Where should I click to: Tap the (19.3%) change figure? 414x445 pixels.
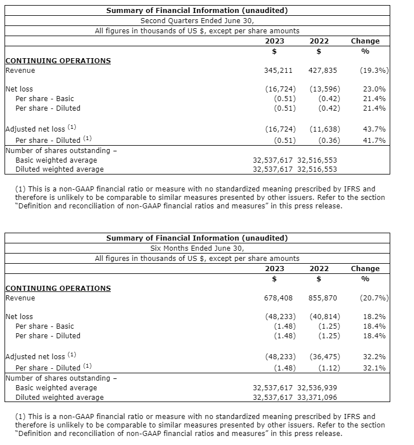(x=374, y=71)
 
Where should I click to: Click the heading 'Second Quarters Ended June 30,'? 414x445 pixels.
(x=197, y=21)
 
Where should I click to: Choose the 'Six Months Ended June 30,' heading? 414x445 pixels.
(x=197, y=248)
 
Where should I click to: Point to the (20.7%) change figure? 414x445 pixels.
(x=374, y=298)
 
